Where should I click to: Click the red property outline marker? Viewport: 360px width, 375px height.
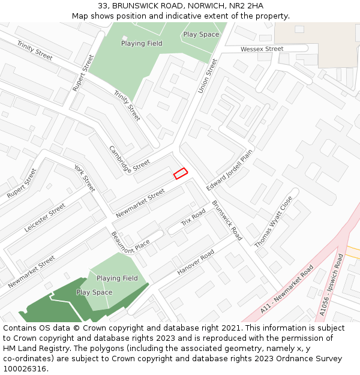click(x=181, y=173)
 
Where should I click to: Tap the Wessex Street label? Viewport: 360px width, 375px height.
click(x=262, y=49)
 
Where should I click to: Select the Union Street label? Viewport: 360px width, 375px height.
click(x=208, y=76)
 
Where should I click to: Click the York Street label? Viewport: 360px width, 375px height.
click(x=85, y=178)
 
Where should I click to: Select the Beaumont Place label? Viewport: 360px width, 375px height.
click(x=130, y=242)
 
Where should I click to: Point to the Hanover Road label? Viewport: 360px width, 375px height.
click(x=196, y=262)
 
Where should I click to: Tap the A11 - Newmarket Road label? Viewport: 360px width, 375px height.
click(x=287, y=289)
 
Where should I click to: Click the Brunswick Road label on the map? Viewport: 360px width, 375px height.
click(x=227, y=220)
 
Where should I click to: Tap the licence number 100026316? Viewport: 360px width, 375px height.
click(x=25, y=368)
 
